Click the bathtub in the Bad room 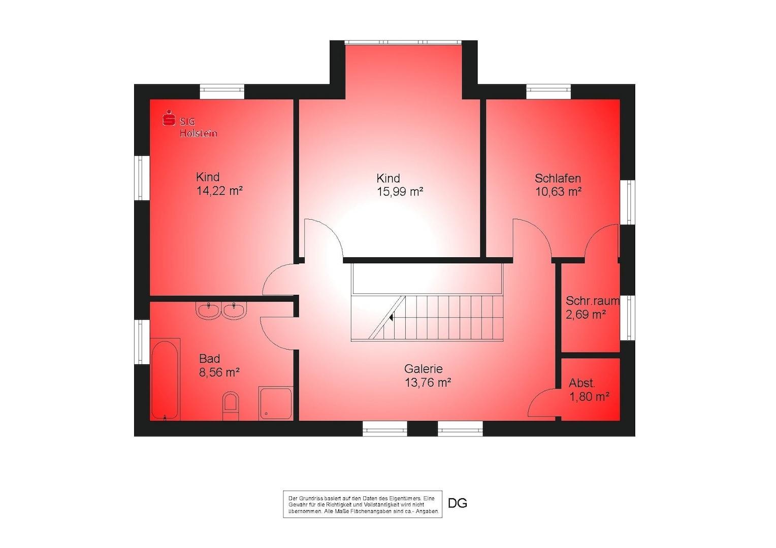pos(165,380)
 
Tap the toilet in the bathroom pos(231,406)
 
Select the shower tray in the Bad pos(276,403)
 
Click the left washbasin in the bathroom pos(208,310)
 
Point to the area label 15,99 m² pos(400,192)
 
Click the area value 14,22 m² pos(219,191)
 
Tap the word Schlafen pos(558,178)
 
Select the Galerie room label pos(424,369)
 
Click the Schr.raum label pos(592,301)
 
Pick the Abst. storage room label pos(582,383)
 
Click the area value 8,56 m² pos(219,372)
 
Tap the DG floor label pos(458,503)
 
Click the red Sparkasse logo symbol pos(169,118)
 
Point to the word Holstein pos(199,133)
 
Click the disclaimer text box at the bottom pos(363,504)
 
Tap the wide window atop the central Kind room pos(403,43)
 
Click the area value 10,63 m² pos(559,191)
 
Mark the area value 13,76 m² pos(428,383)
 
